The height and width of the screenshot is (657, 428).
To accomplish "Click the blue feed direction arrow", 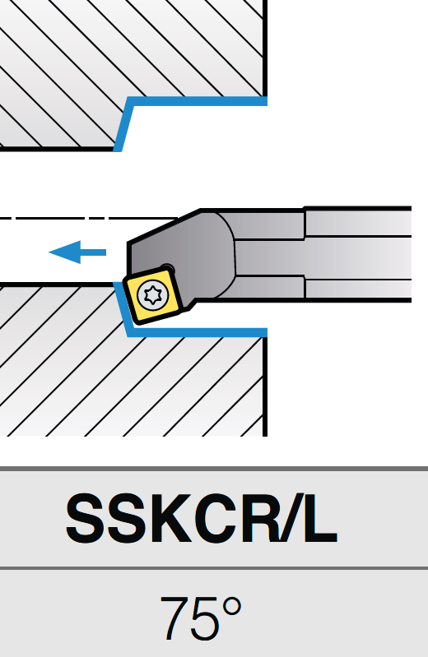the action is point(77,252).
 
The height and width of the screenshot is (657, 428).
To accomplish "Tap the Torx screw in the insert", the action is point(154,295).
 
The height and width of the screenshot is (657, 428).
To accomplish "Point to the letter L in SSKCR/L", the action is point(320,518).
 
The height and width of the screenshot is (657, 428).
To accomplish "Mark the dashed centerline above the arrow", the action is point(89,218).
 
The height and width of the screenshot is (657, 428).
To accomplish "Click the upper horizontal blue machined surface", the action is point(198,101).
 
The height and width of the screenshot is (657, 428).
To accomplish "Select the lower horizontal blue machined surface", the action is point(198,332).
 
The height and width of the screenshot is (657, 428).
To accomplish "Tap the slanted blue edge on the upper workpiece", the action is point(123,124).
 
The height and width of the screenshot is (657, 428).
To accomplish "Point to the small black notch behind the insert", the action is point(167,269).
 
